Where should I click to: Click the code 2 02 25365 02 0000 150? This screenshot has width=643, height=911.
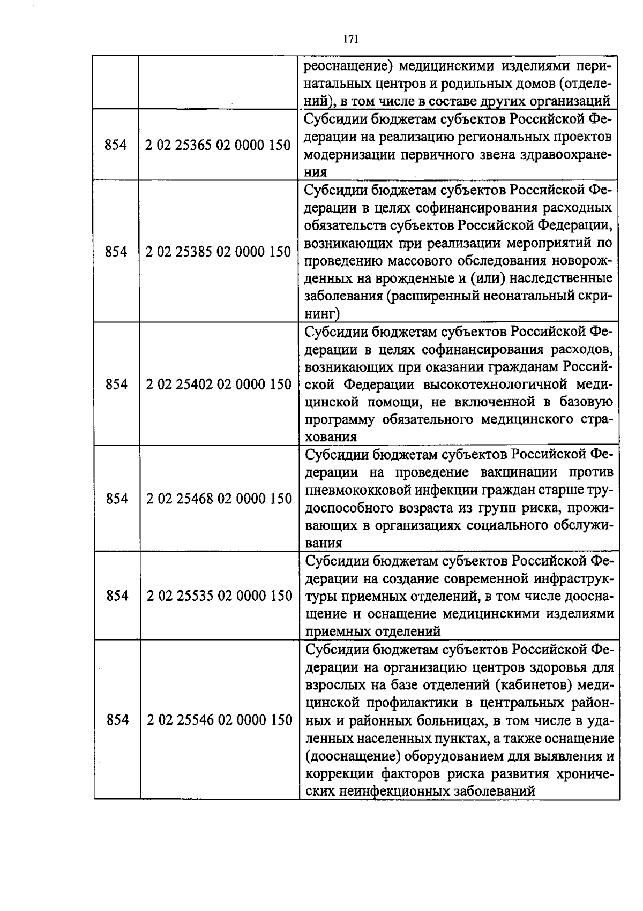[x=218, y=145]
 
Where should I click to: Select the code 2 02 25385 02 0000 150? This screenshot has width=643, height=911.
[x=218, y=252]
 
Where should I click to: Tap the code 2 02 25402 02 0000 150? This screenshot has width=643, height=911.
[x=219, y=384]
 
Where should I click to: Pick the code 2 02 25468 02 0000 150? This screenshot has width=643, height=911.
[x=219, y=499]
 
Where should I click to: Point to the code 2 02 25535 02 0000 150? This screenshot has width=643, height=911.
[x=219, y=596]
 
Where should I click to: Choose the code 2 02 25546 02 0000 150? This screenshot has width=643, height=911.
[x=220, y=720]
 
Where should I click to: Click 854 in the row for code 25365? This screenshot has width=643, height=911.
[x=115, y=145]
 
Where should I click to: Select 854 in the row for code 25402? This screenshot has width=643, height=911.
[x=116, y=384]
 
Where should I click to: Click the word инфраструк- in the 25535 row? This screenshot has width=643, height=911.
[x=573, y=579]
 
